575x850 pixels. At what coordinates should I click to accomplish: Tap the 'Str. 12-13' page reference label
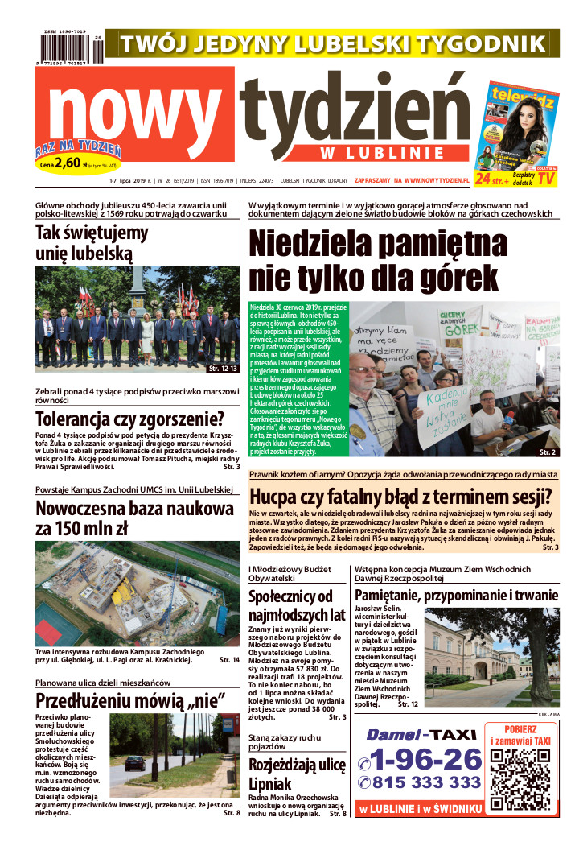pos(222,368)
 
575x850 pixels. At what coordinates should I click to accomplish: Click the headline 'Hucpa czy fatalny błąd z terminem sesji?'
pos(400,495)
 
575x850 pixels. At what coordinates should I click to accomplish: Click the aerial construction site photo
pos(137,592)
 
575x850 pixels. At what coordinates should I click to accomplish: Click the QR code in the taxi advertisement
pos(520,770)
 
